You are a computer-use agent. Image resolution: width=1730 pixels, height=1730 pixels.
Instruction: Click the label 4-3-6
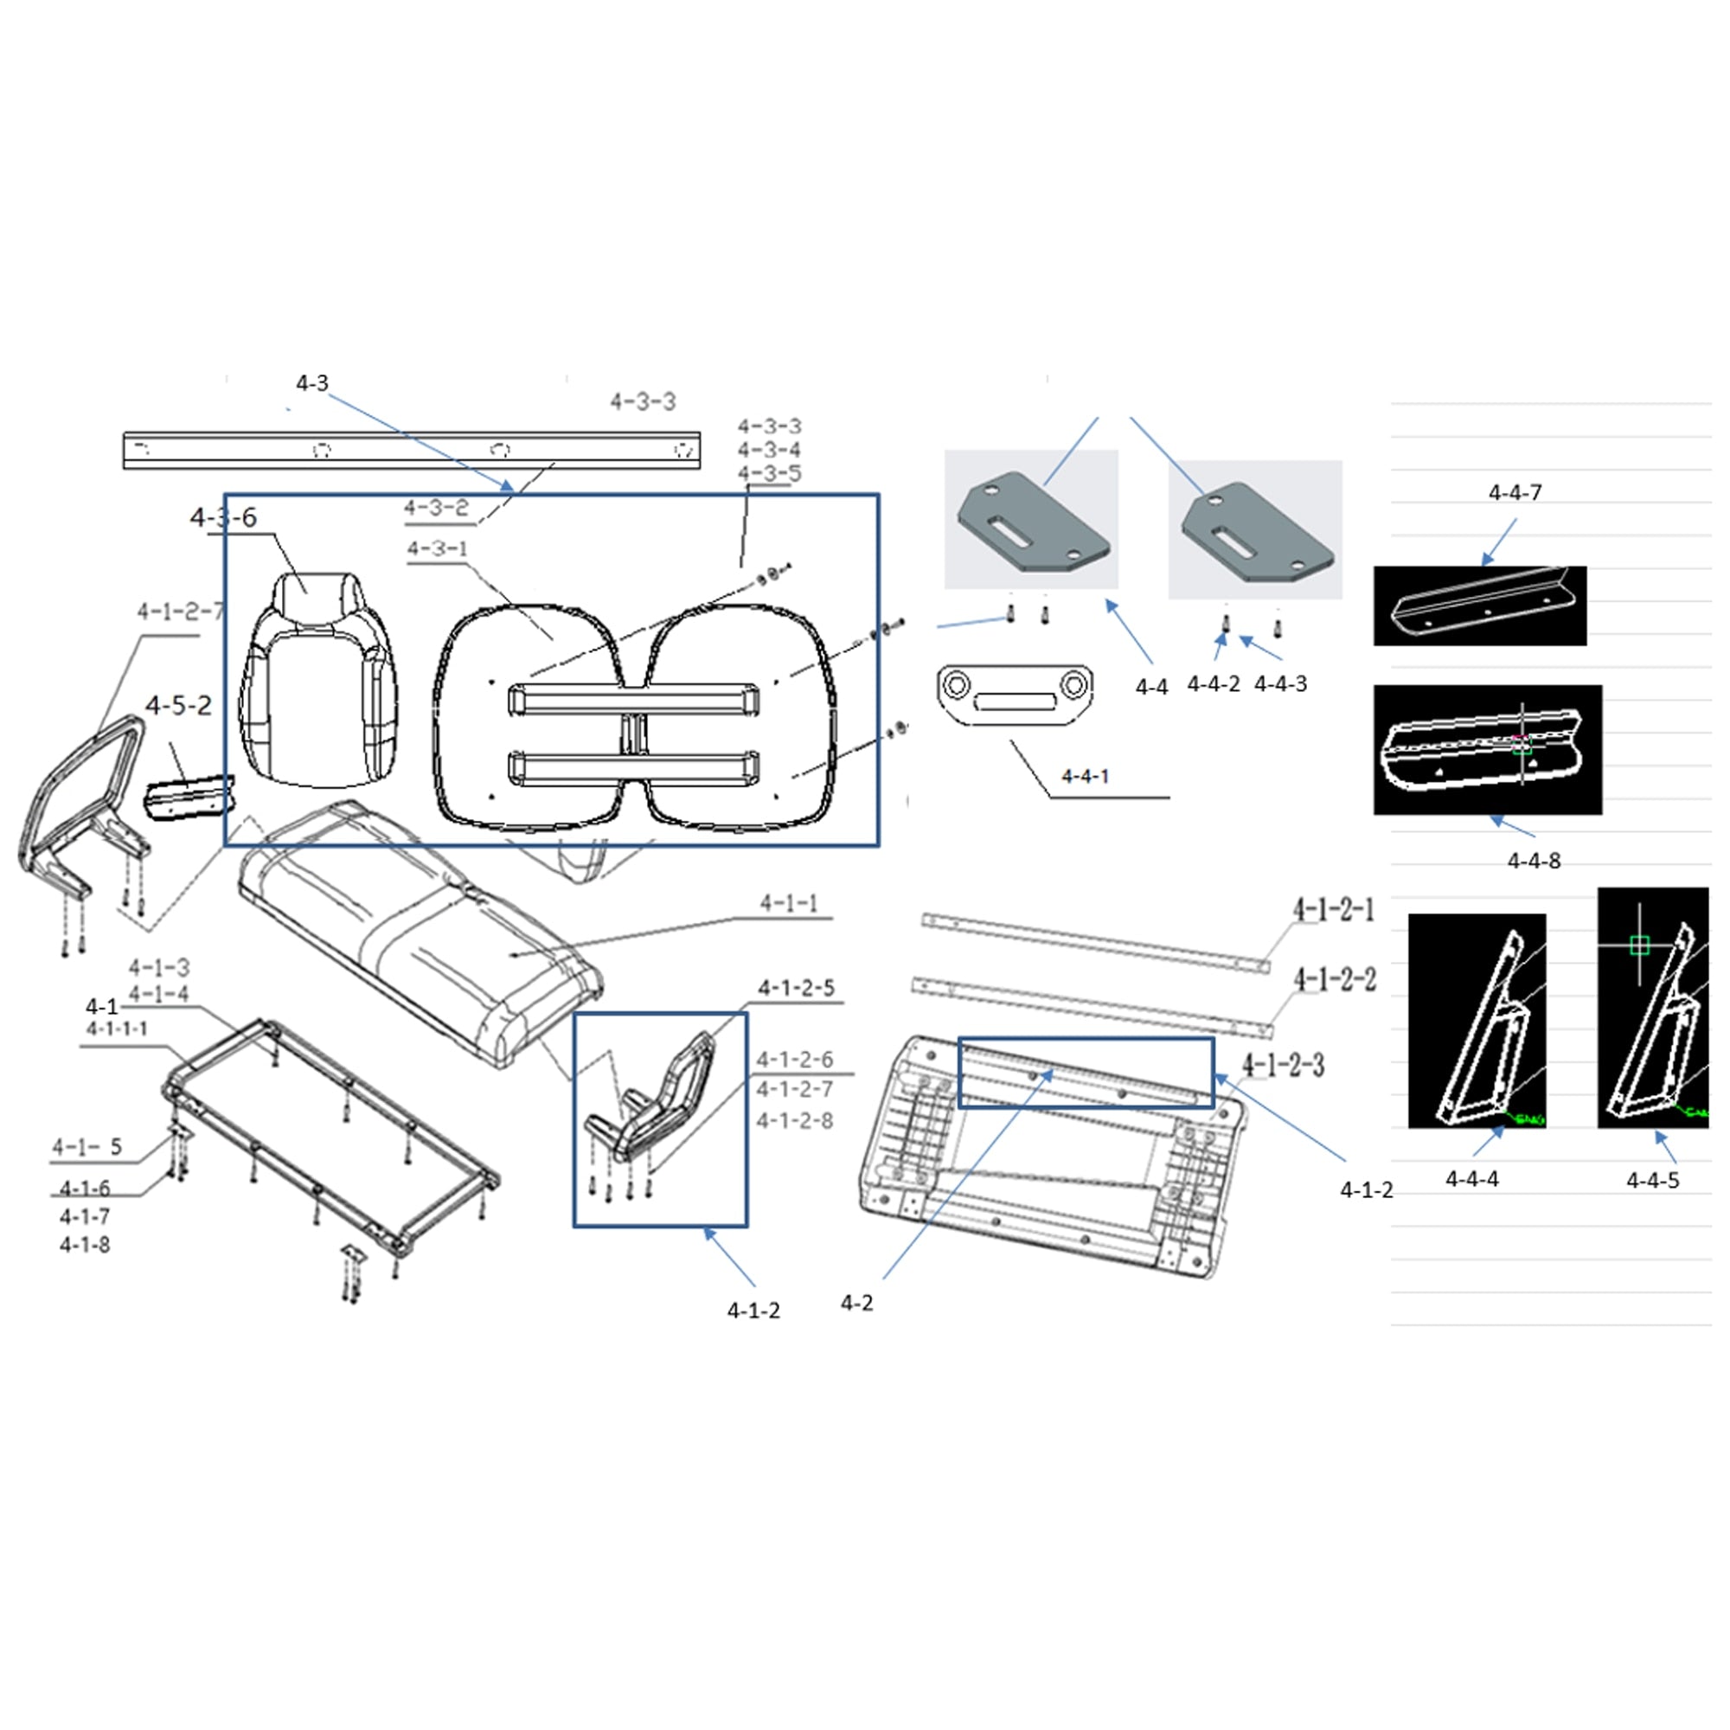pyautogui.click(x=223, y=517)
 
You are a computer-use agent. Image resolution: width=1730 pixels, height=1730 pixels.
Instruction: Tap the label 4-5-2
pyautogui.click(x=178, y=706)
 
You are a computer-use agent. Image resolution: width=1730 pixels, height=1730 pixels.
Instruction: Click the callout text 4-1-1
pyautogui.click(x=788, y=904)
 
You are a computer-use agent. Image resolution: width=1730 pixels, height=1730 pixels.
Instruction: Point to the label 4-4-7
pyautogui.click(x=1515, y=492)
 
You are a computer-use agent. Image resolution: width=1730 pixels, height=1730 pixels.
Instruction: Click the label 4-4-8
pyautogui.click(x=1533, y=862)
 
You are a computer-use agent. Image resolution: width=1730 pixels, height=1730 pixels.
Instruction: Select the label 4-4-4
pyautogui.click(x=1471, y=1179)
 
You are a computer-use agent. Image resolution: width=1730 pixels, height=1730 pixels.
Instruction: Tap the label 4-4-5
pyautogui.click(x=1652, y=1181)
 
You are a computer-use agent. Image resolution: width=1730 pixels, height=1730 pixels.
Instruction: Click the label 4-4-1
pyautogui.click(x=1085, y=777)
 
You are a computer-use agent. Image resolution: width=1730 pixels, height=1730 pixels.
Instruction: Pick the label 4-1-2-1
pyautogui.click(x=1333, y=911)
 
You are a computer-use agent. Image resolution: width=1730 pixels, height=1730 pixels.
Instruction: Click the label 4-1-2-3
pyautogui.click(x=1283, y=1066)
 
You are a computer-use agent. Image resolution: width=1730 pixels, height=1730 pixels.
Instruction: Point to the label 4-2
pyautogui.click(x=856, y=1304)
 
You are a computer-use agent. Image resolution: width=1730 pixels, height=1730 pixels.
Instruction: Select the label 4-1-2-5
pyautogui.click(x=796, y=988)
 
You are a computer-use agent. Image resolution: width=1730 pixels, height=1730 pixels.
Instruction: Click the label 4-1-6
pyautogui.click(x=85, y=1189)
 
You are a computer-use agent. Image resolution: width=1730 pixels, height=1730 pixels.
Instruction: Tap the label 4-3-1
pyautogui.click(x=437, y=549)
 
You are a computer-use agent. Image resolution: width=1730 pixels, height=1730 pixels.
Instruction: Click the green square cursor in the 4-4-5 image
pyautogui.click(x=1638, y=945)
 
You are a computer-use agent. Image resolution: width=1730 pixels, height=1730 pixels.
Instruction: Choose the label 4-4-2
pyautogui.click(x=1214, y=684)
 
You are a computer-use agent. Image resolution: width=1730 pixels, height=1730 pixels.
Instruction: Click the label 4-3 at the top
pyautogui.click(x=311, y=383)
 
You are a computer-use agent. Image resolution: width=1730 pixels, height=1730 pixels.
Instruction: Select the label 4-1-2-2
pyautogui.click(x=1334, y=981)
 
